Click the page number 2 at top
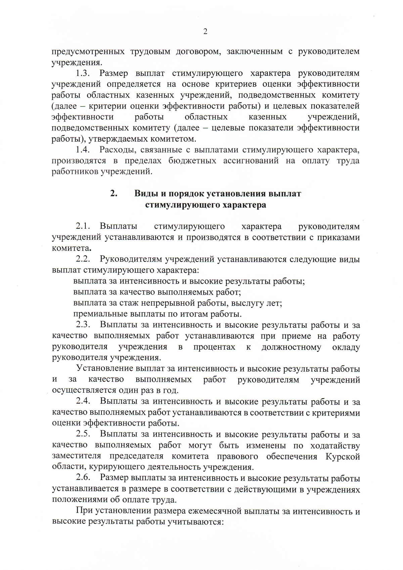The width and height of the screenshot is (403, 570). [x=205, y=32]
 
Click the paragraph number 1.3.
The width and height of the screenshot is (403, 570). [x=83, y=73]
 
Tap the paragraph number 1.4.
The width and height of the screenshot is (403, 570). [x=83, y=149]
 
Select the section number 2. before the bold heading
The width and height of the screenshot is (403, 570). [x=114, y=193]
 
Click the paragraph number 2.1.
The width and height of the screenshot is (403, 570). [x=83, y=226]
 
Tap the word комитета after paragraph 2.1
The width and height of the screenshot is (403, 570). [x=71, y=249]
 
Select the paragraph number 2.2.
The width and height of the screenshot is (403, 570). [x=83, y=259]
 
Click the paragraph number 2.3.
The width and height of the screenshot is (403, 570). [x=83, y=325]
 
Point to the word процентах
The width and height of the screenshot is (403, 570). [x=214, y=347]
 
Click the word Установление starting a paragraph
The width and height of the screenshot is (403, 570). [x=105, y=368]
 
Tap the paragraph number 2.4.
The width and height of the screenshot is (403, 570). [x=83, y=401]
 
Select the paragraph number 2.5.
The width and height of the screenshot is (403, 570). [x=83, y=434]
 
